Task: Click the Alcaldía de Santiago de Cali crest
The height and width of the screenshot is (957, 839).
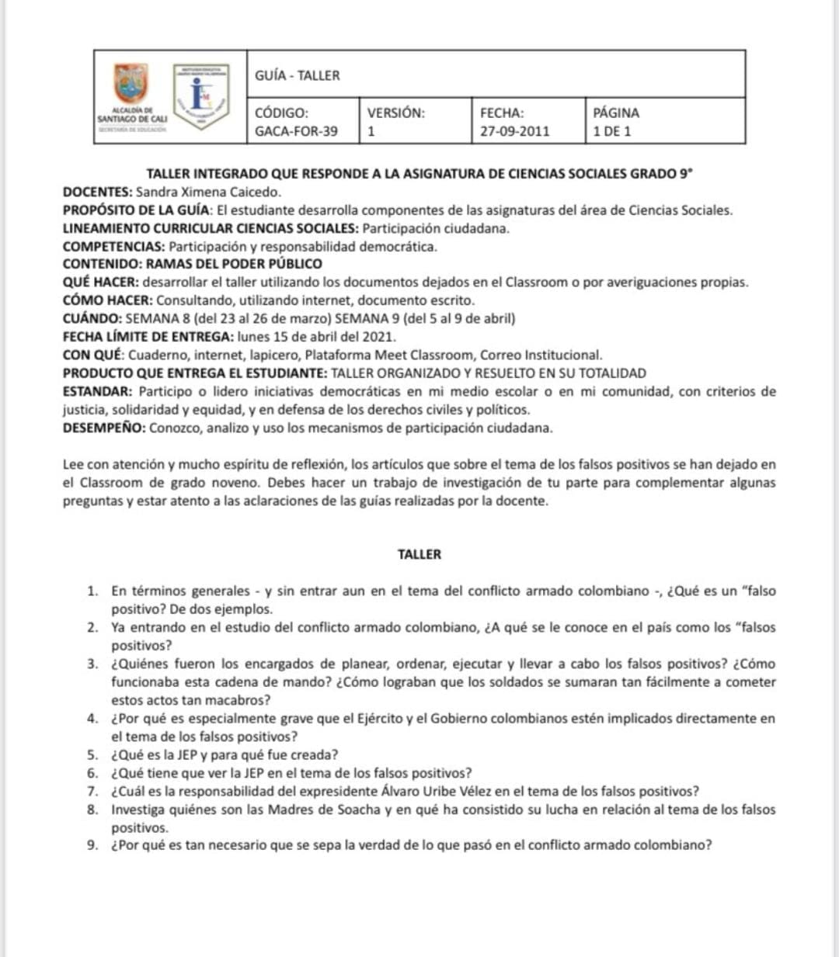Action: point(131,84)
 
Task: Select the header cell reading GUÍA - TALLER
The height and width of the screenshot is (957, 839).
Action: point(298,75)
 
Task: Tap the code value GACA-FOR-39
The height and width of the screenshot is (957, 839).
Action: point(296,131)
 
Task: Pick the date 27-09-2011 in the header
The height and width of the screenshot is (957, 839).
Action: point(514,131)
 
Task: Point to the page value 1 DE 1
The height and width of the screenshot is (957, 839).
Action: point(612,131)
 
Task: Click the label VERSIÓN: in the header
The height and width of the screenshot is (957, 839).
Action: point(396,113)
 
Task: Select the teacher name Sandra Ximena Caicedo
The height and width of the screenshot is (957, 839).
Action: point(208,192)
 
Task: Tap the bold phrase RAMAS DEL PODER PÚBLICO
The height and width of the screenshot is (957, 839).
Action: point(234,264)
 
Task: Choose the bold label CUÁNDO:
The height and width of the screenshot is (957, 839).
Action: point(92,318)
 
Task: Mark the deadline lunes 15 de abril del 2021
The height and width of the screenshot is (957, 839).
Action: point(316,337)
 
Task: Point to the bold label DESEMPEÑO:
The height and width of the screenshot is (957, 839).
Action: point(104,428)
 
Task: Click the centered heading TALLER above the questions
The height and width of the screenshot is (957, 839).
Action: point(419,554)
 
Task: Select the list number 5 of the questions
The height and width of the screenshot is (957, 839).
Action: point(92,754)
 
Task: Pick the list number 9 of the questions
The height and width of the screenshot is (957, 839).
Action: point(92,845)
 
